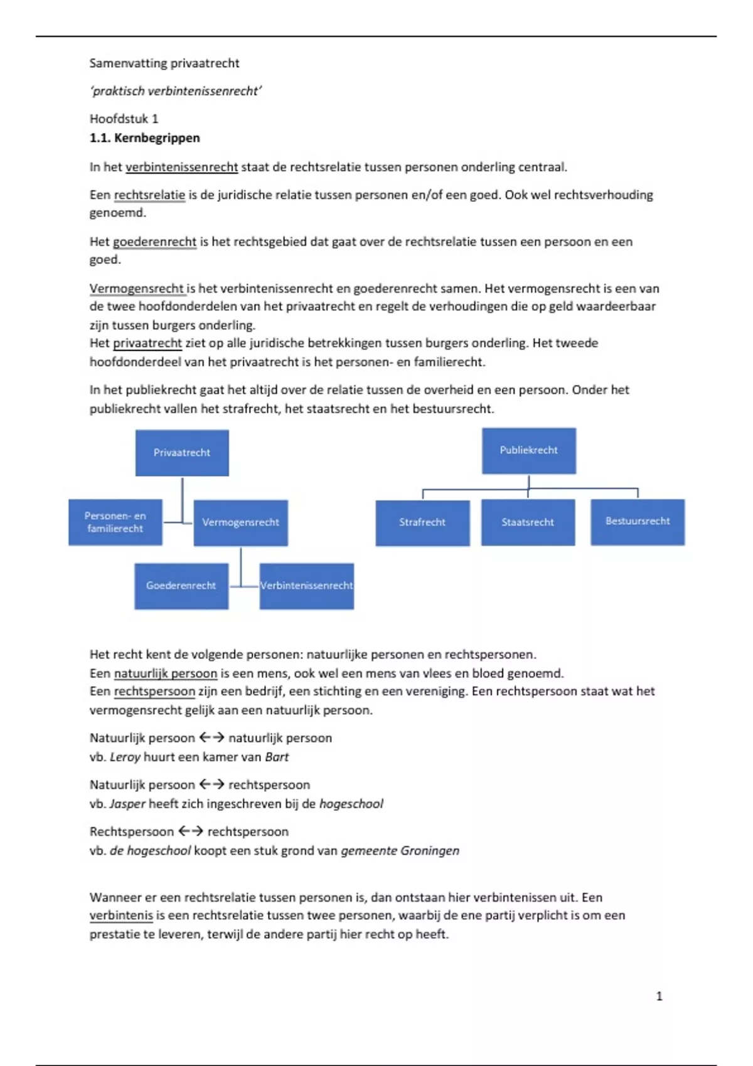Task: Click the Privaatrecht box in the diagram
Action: [182, 453]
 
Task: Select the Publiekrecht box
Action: [528, 450]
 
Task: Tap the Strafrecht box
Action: [422, 522]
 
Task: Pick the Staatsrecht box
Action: [528, 522]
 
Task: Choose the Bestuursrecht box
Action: [638, 522]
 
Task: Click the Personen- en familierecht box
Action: [115, 522]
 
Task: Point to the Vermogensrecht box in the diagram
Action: [240, 522]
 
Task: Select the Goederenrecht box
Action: [181, 586]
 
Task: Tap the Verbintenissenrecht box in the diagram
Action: [307, 586]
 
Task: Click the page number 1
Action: [659, 996]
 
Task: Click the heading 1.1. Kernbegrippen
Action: [145, 138]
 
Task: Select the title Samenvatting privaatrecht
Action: [164, 63]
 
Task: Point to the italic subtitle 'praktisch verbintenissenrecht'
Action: [176, 92]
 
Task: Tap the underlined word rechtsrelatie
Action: [149, 195]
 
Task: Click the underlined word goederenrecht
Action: [154, 242]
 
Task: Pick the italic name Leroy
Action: [125, 757]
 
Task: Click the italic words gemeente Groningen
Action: [400, 851]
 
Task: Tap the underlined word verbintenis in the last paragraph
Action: [121, 916]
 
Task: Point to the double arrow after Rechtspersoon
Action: [191, 831]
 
